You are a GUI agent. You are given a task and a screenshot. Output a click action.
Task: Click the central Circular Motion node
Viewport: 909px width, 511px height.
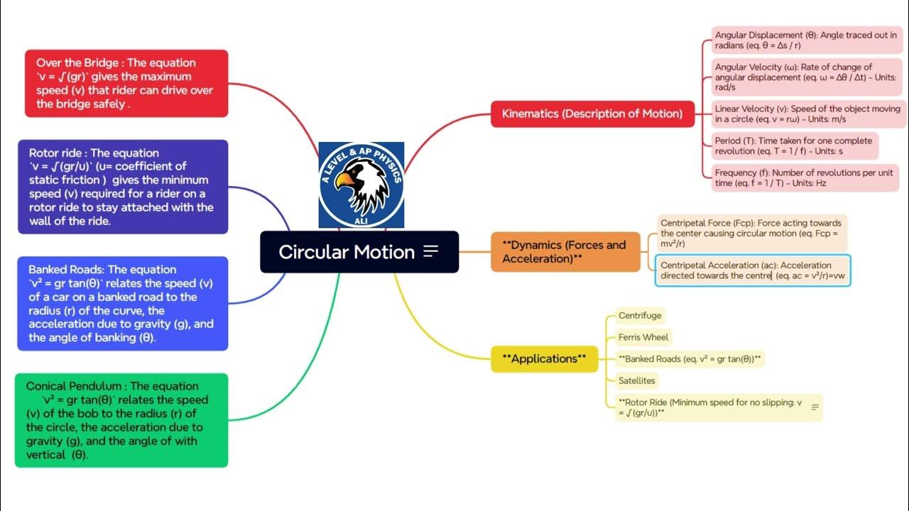346,252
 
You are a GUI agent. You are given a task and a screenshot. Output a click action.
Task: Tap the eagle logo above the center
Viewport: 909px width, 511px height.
361,185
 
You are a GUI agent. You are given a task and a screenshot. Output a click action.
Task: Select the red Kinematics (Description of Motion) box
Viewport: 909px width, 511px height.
592,114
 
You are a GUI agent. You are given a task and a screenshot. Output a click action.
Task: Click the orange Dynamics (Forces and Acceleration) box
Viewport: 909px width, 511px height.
565,252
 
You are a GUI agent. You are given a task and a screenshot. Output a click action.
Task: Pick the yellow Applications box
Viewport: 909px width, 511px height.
545,359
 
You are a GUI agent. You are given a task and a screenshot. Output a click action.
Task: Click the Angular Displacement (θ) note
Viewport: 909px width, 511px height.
806,40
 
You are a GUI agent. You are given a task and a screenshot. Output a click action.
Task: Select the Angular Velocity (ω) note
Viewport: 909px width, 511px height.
806,77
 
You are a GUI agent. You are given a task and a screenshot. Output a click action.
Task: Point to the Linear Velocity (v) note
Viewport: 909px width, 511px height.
807,114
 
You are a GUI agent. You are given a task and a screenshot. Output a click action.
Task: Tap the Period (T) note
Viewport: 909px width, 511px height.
795,146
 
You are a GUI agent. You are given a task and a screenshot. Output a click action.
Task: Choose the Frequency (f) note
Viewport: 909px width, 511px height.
805,177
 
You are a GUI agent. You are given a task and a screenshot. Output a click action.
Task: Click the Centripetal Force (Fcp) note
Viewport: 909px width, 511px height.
751,233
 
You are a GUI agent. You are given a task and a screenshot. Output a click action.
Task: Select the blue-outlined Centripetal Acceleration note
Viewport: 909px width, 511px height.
752,270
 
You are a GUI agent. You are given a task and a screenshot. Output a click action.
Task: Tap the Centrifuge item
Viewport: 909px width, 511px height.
639,316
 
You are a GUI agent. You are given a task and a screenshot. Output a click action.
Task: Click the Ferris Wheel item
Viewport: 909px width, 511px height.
643,337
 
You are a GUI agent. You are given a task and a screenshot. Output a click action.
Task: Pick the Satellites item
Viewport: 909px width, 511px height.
636,380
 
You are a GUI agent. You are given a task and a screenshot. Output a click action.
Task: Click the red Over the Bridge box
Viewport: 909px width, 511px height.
126,83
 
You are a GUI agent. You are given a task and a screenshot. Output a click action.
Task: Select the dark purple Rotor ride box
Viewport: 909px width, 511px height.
123,187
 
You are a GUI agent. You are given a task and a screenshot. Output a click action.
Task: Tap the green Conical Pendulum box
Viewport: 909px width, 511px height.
121,420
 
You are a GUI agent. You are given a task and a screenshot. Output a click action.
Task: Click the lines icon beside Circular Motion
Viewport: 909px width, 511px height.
430,252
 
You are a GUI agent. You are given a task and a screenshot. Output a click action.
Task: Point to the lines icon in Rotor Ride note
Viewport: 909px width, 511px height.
815,407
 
